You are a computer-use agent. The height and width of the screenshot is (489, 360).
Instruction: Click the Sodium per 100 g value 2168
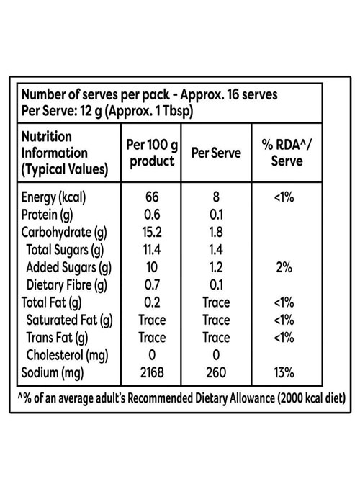coord(152,372)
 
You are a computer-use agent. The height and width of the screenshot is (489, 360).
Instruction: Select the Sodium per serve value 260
coord(216,372)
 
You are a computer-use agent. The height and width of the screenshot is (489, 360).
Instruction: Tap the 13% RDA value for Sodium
coord(284,372)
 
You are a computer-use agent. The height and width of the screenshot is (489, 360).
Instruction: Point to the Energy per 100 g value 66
coord(152,197)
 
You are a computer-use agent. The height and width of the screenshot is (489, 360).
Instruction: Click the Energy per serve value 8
coord(216,197)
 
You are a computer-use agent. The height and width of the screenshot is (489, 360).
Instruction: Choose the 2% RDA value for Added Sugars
coord(284,267)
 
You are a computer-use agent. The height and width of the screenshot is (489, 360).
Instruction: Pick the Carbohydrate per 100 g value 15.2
coord(152,232)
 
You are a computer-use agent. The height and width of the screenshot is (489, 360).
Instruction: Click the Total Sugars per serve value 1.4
coord(216,250)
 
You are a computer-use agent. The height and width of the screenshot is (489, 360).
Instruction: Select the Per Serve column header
coord(216,153)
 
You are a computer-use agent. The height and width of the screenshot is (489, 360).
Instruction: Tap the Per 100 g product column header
coord(152,153)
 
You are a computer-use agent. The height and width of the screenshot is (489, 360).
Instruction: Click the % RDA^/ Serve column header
coord(287,153)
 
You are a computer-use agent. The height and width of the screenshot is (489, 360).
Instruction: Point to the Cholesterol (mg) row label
coord(67,356)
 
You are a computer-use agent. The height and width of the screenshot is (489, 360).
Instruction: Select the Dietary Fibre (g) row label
coord(66,285)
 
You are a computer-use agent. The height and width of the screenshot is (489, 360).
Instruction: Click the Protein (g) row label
coord(47,215)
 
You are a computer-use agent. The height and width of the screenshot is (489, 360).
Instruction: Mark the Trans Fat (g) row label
coord(57,338)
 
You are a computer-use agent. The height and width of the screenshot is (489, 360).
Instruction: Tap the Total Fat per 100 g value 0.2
coord(152,302)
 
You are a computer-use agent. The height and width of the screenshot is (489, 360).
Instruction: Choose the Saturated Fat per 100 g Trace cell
coord(152,320)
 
